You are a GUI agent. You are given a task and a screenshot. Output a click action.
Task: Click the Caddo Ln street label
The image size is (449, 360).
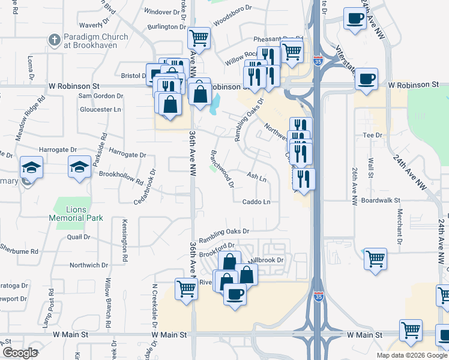point(256,202)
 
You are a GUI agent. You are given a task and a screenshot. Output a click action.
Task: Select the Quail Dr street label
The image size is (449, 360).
point(79,237)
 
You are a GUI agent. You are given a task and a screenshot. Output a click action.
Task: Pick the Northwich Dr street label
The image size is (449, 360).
point(88,265)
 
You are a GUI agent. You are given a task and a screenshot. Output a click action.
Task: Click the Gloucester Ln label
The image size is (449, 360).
point(100,110)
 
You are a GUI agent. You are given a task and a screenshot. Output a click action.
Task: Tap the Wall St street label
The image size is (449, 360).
point(370,167)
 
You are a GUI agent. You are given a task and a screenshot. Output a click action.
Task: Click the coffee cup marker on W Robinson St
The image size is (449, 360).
point(366,79)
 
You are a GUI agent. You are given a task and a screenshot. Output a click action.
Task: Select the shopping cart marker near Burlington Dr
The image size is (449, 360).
point(199,38)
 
